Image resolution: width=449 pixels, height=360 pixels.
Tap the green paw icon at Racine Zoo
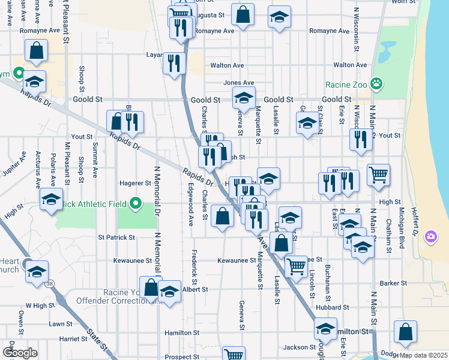(x=377, y=83)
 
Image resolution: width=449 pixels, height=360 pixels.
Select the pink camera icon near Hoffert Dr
(x=430, y=236)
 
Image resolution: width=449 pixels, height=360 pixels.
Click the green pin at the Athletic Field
(x=135, y=204)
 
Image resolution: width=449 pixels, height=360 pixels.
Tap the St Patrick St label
(x=116, y=238)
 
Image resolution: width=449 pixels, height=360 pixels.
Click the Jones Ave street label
(x=238, y=83)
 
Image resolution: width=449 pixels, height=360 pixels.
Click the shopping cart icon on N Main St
(x=378, y=175)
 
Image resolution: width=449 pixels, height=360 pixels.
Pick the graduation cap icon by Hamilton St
(x=326, y=329)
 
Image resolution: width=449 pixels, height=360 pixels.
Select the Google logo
(x=20, y=353)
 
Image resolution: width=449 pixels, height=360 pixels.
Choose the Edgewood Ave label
(x=191, y=204)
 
